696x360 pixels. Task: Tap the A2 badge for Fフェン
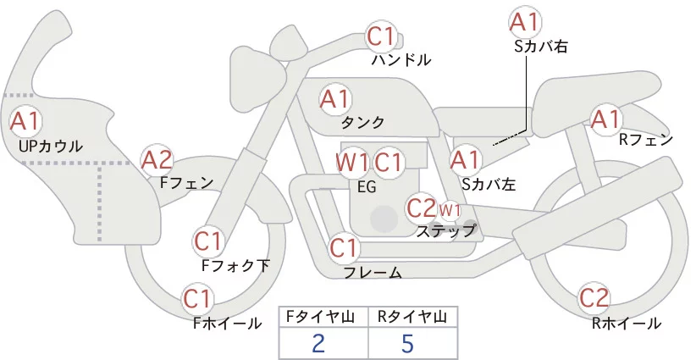(157, 159)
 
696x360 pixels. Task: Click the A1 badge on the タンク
(335, 99)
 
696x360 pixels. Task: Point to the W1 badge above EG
(352, 162)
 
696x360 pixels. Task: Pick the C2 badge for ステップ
(422, 208)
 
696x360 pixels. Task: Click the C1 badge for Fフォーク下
(208, 241)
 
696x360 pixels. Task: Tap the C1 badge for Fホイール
(198, 299)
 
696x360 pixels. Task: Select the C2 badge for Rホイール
(594, 298)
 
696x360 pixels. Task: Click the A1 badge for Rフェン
(605, 120)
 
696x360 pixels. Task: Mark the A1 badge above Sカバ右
(525, 22)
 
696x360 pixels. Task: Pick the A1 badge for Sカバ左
(466, 158)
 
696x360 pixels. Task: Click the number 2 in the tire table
(318, 344)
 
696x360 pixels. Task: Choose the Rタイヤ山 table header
(412, 317)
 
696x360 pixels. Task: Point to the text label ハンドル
(401, 60)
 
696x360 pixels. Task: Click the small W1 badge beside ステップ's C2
(450, 209)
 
